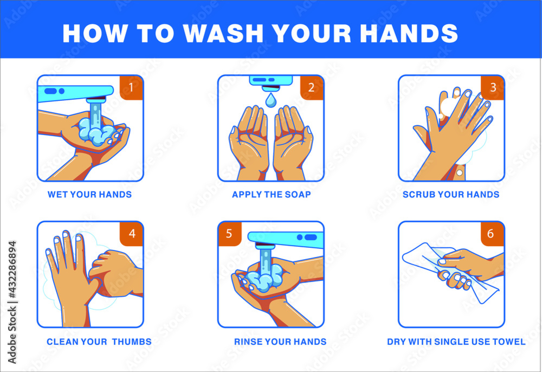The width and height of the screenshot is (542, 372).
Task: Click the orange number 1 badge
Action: [x=131, y=87]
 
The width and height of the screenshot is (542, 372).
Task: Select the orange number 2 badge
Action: [x=311, y=87]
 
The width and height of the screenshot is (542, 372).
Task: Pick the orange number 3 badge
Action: [x=492, y=87]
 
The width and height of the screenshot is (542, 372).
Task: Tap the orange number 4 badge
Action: [x=131, y=234]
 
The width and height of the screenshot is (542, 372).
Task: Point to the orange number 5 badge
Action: [x=229, y=234]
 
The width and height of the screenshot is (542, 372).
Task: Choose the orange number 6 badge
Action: [x=492, y=234]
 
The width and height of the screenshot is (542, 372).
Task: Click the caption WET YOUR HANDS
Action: [x=89, y=194]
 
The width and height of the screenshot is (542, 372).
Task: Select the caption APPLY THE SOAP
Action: [x=271, y=194]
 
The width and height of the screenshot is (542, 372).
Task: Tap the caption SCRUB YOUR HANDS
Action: [x=451, y=194]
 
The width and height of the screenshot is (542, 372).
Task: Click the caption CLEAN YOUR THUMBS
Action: [x=99, y=342]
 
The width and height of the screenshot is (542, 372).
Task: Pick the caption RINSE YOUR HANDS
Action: [x=280, y=342]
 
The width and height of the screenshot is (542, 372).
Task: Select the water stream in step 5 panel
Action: [x=265, y=261]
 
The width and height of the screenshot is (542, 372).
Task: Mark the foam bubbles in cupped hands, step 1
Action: [x=95, y=133]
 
